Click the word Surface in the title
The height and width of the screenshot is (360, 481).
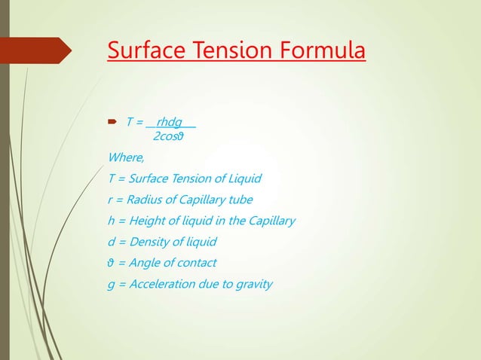click(146, 51)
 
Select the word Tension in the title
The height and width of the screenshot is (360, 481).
click(231, 51)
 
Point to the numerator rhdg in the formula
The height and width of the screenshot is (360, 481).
click(169, 122)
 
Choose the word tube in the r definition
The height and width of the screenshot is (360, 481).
click(240, 200)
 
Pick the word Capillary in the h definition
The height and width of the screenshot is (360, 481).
click(270, 221)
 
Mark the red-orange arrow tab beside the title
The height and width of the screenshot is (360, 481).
click(41, 50)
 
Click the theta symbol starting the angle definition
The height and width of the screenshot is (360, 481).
click(112, 263)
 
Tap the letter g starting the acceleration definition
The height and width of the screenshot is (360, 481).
click(112, 285)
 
